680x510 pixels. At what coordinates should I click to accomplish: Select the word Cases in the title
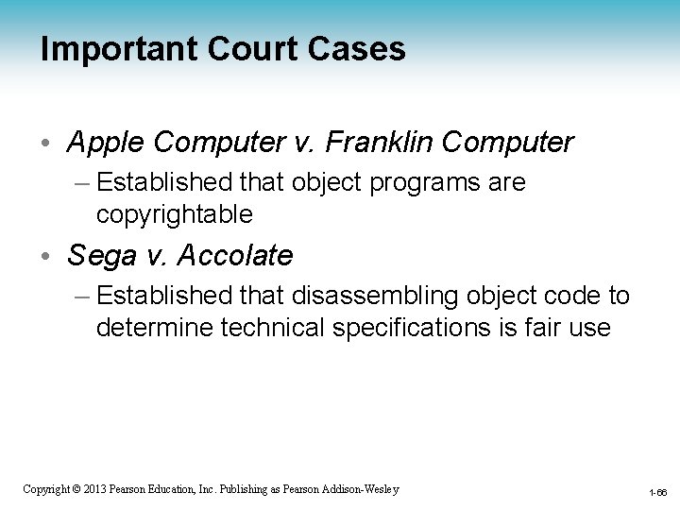360,48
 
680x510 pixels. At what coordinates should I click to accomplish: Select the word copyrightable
174,214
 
